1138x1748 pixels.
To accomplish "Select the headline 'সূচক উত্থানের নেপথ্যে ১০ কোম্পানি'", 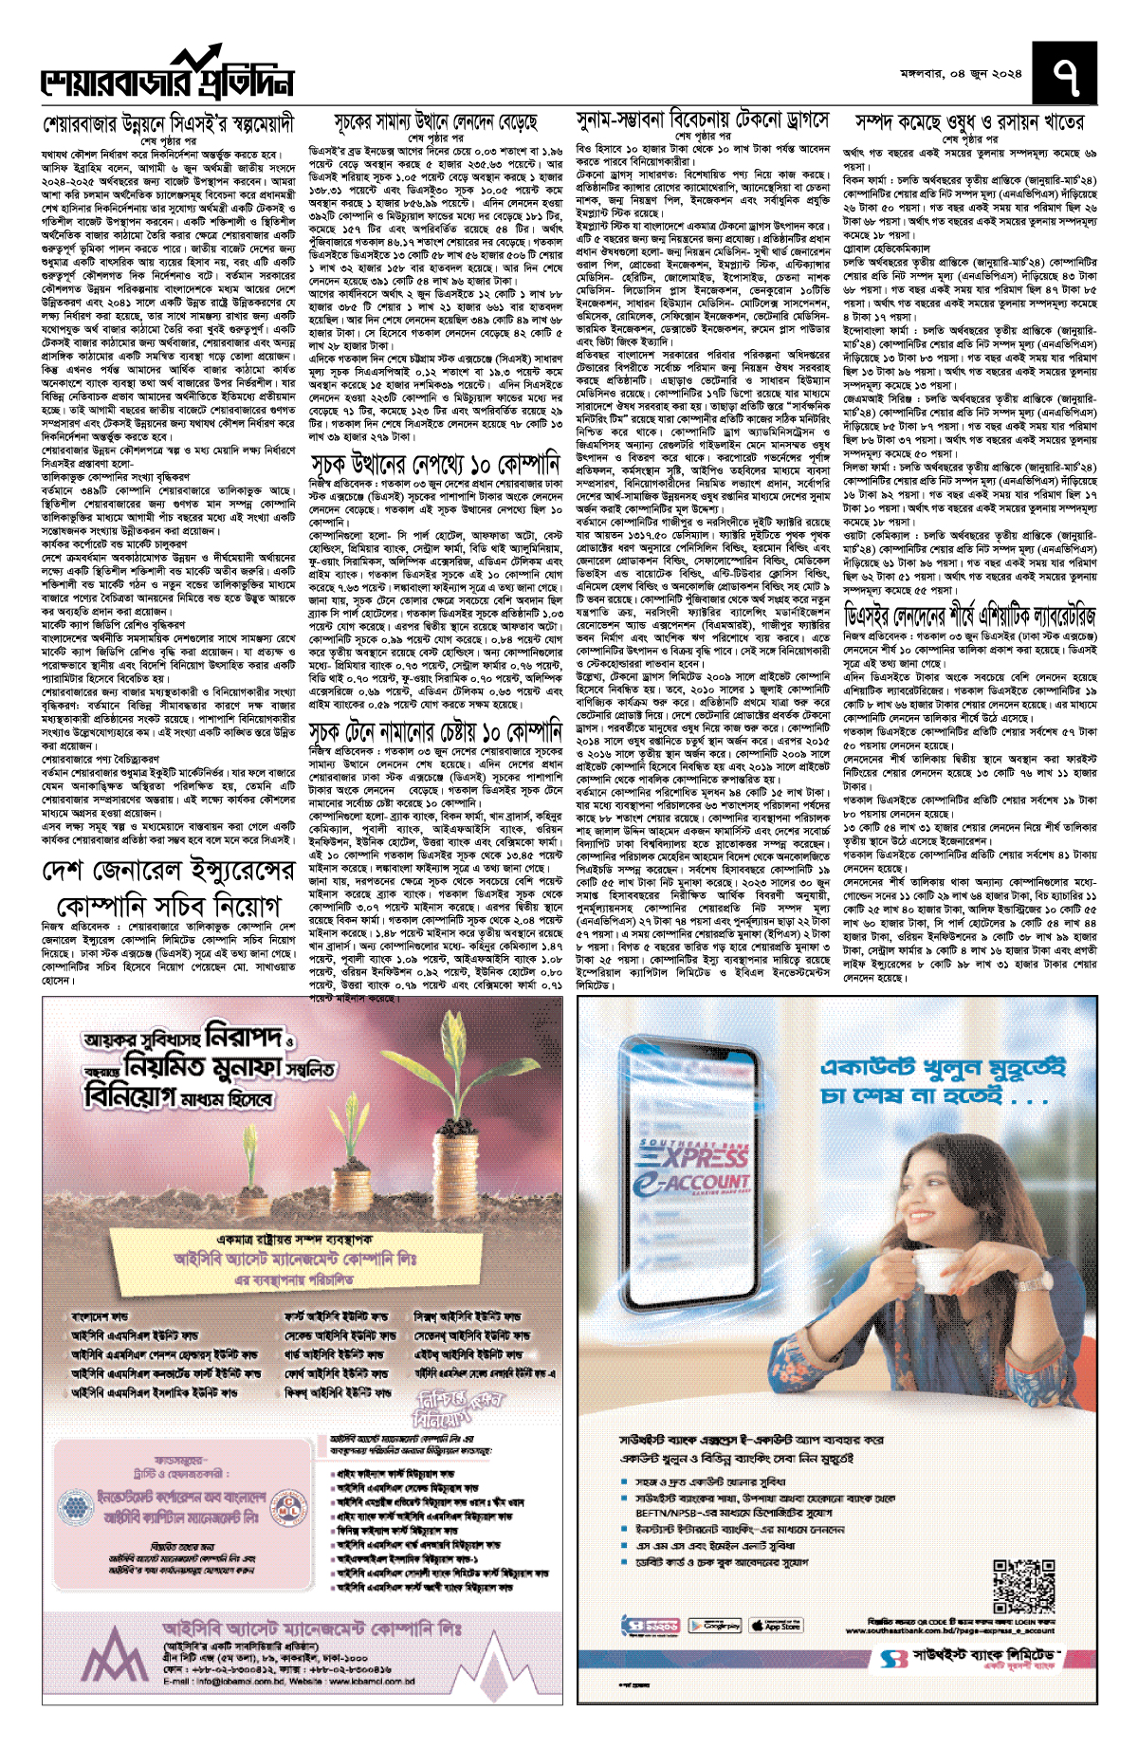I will tap(435, 465).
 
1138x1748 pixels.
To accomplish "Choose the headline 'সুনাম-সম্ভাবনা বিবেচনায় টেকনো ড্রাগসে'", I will tap(703, 120).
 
